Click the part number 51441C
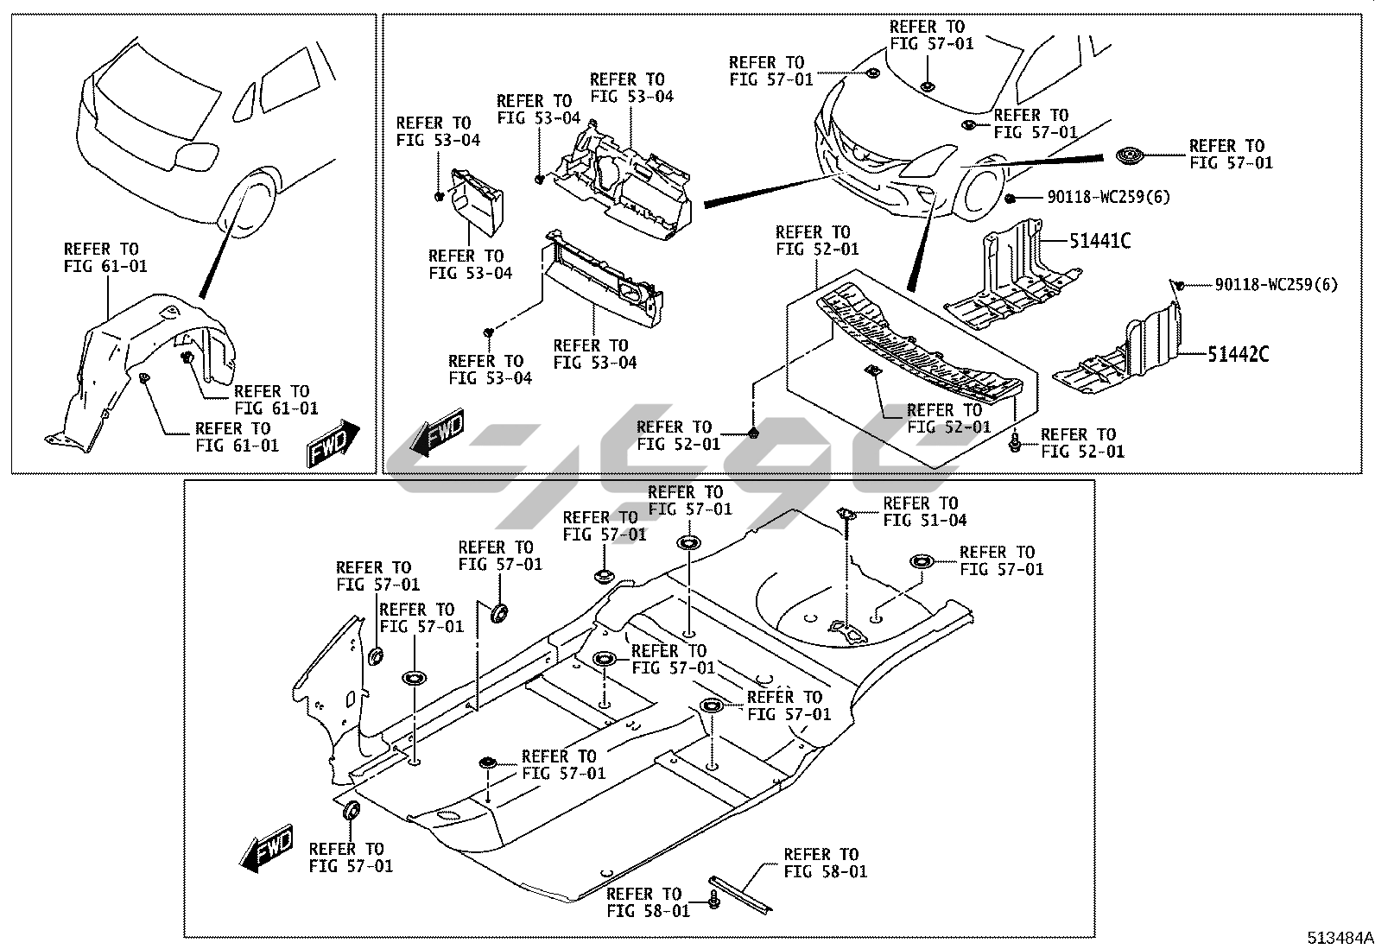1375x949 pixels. coord(1099,241)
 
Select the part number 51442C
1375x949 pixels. coord(1238,353)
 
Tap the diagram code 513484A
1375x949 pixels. coord(1339,938)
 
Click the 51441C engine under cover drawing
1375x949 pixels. coord(1006,281)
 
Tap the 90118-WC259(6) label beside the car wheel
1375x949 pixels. coord(1109,197)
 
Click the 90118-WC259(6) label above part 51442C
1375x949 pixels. coord(1276,284)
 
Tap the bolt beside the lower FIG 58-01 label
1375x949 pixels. coord(715,900)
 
